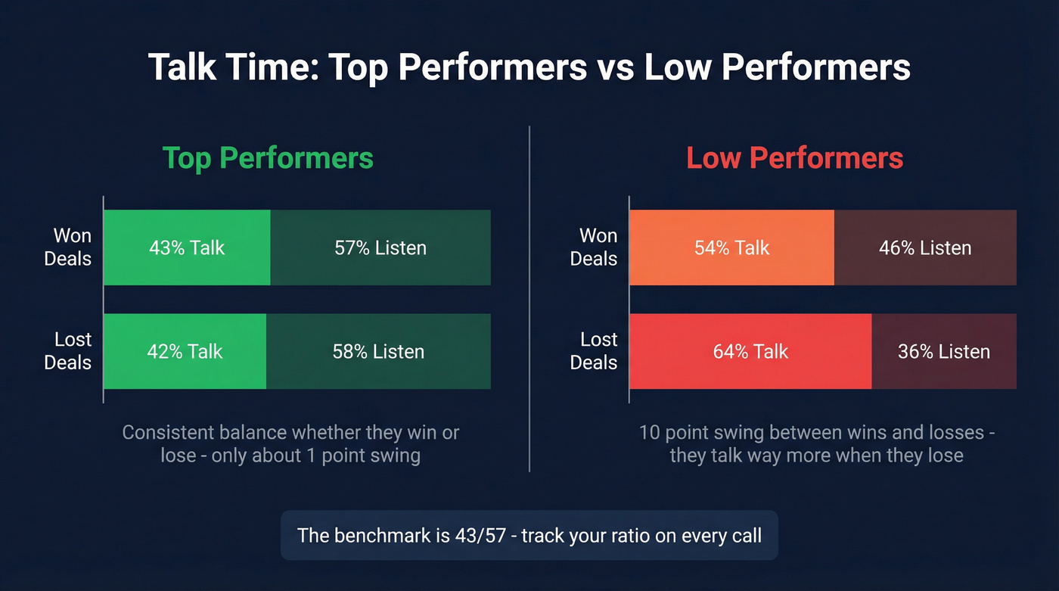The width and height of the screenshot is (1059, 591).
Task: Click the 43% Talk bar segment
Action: pyautogui.click(x=186, y=247)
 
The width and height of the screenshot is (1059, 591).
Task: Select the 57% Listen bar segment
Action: pyautogui.click(x=380, y=247)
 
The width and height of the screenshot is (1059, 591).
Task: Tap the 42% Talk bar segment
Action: pyautogui.click(x=185, y=351)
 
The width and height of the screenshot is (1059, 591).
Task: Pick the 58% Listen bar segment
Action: pyautogui.click(x=378, y=351)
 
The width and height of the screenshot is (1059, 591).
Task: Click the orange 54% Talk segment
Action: pyautogui.click(x=731, y=247)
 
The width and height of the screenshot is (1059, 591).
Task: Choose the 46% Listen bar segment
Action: pyautogui.click(x=925, y=247)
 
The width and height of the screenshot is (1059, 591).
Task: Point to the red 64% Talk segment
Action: pyautogui.click(x=750, y=351)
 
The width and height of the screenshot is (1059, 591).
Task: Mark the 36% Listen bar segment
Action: pyautogui.click(x=944, y=351)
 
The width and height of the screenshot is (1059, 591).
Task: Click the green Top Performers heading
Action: pyautogui.click(x=268, y=158)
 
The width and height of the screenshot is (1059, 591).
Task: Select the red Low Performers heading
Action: pyautogui.click(x=794, y=158)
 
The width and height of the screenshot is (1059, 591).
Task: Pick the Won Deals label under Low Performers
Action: pyautogui.click(x=594, y=247)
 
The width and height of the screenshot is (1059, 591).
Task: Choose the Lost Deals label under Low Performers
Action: pyautogui.click(x=594, y=351)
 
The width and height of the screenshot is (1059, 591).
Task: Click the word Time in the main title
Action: pyautogui.click(x=275, y=67)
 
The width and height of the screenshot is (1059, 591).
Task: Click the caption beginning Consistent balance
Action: pyautogui.click(x=290, y=444)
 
